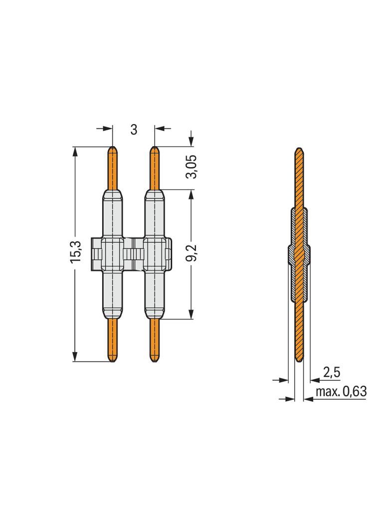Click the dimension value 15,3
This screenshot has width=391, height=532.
(x=75, y=254)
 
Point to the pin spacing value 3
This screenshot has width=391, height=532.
(x=134, y=129)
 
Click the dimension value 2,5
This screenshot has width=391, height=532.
(x=332, y=372)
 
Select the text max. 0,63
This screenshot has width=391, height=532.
(x=342, y=392)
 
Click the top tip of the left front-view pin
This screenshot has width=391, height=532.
(x=113, y=148)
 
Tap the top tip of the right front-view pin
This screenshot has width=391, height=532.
(x=155, y=148)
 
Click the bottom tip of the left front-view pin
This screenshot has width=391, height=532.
(x=113, y=360)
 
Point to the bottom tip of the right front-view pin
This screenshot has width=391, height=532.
(x=155, y=360)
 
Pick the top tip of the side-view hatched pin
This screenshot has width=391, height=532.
(x=299, y=149)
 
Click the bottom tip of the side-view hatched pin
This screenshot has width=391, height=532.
(x=299, y=360)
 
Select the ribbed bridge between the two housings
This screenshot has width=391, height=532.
(x=134, y=255)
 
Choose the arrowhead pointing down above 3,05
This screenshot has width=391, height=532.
(x=191, y=142)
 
